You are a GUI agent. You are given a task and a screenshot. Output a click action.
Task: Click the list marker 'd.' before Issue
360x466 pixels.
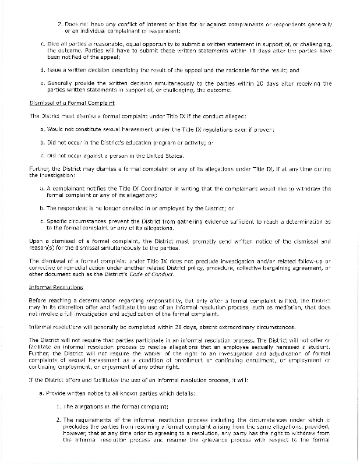pyautogui.click(x=43, y=69)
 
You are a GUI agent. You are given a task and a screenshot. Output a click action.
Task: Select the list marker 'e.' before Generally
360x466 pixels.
pyautogui.click(x=43, y=83)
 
